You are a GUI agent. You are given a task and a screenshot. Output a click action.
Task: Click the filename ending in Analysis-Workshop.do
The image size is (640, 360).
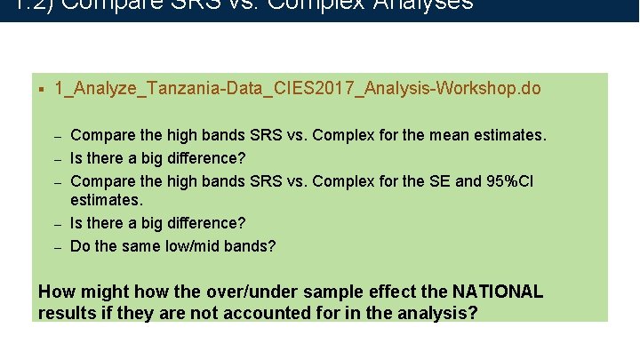(x=298, y=90)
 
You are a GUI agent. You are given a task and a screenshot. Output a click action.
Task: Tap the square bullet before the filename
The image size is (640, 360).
(x=42, y=89)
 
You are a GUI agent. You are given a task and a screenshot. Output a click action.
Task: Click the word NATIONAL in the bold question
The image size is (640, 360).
(x=497, y=292)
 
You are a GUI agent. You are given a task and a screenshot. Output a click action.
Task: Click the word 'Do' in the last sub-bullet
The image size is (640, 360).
(x=80, y=245)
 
